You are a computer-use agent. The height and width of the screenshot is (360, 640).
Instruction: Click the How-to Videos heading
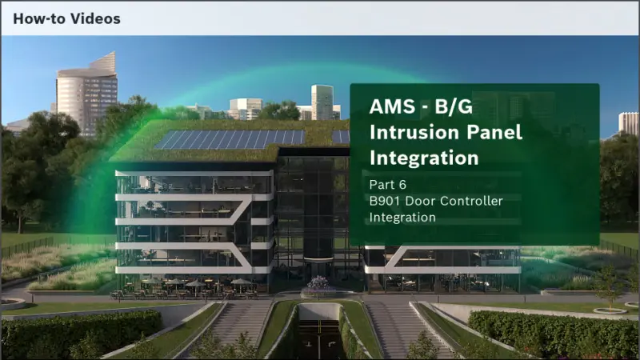pos(66,18)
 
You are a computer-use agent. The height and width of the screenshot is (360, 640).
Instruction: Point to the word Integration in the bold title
pos(424,158)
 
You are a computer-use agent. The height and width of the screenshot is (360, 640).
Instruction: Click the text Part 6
pos(389,185)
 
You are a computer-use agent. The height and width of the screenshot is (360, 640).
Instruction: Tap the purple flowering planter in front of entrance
pos(321,284)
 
